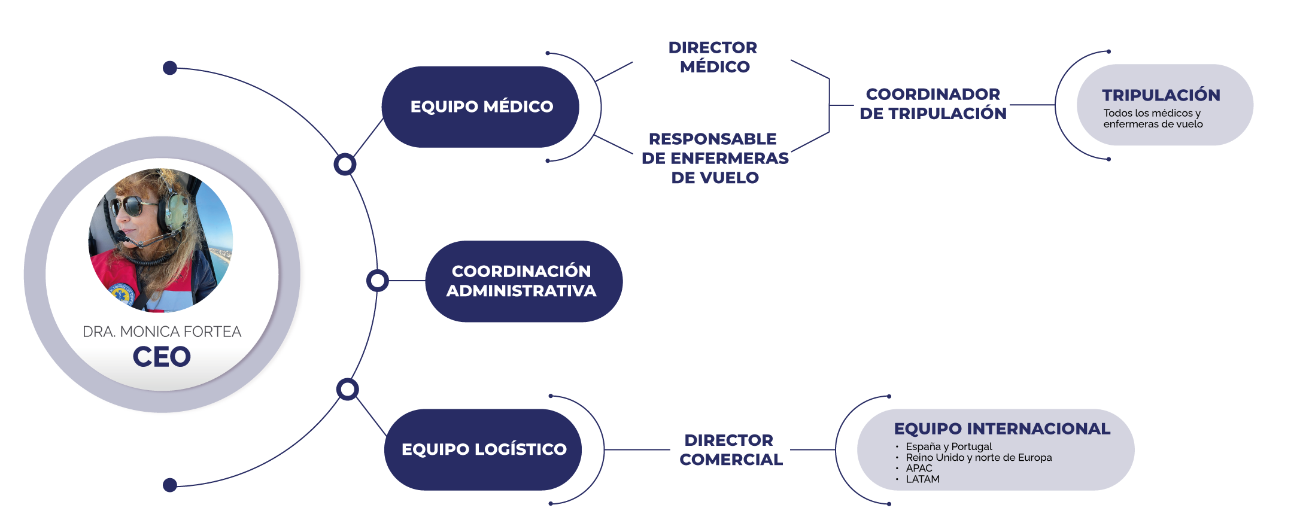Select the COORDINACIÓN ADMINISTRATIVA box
tap(522, 281)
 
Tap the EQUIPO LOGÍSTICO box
tap(484, 449)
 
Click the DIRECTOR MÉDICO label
tap(713, 57)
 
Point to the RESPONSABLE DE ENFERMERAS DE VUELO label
tap(714, 158)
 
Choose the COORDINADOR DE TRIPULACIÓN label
tap(933, 104)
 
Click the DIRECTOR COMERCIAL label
tap(730, 450)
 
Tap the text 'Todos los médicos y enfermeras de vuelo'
tap(1152, 118)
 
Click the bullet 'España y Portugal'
tap(949, 446)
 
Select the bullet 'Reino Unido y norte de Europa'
tap(979, 458)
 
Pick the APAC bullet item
tap(919, 469)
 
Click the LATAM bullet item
tap(922, 479)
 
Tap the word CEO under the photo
tap(162, 357)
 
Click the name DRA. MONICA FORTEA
tap(162, 332)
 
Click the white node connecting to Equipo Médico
tap(345, 164)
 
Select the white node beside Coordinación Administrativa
tap(378, 281)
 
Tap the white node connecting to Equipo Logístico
tap(347, 390)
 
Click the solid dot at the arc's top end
tap(170, 68)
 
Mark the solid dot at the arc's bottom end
tap(170, 485)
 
